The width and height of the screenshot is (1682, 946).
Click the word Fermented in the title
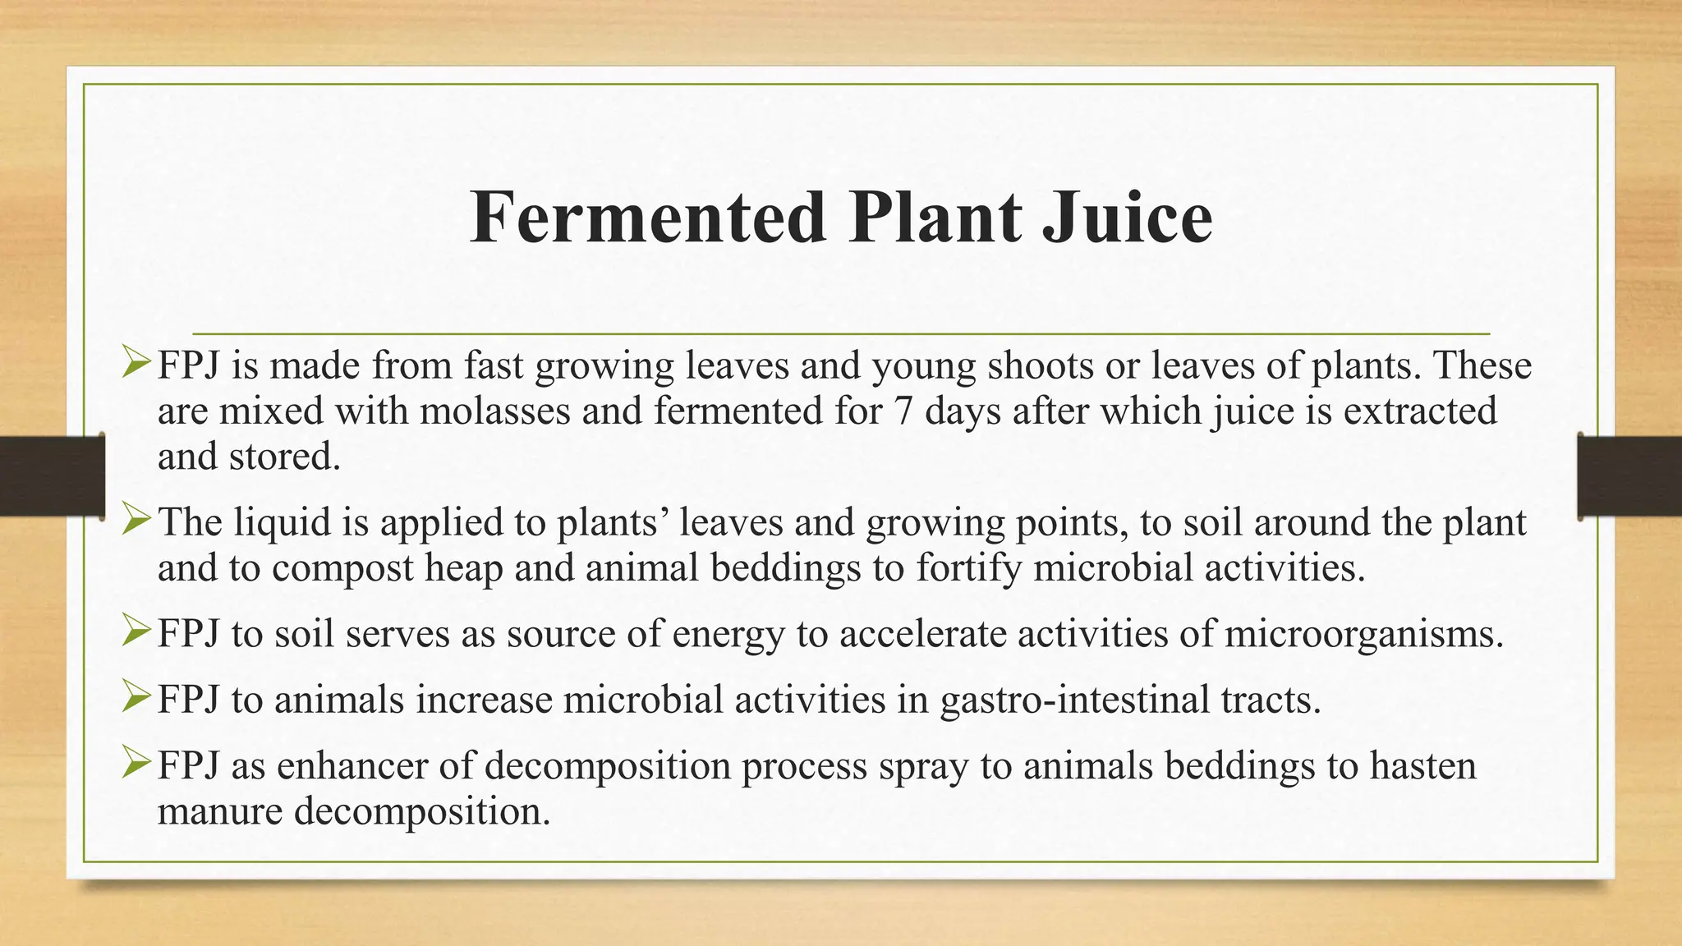click(x=648, y=218)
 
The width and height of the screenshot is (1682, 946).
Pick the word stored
click(x=284, y=457)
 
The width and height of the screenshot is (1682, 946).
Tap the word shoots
click(x=1040, y=365)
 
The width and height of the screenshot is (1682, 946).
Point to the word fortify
click(x=968, y=568)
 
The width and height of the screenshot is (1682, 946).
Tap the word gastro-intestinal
click(x=1074, y=700)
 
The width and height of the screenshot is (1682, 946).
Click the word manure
click(x=220, y=811)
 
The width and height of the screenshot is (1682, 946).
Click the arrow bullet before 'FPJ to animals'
click(x=136, y=698)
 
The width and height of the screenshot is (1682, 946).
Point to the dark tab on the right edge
click(x=1629, y=476)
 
